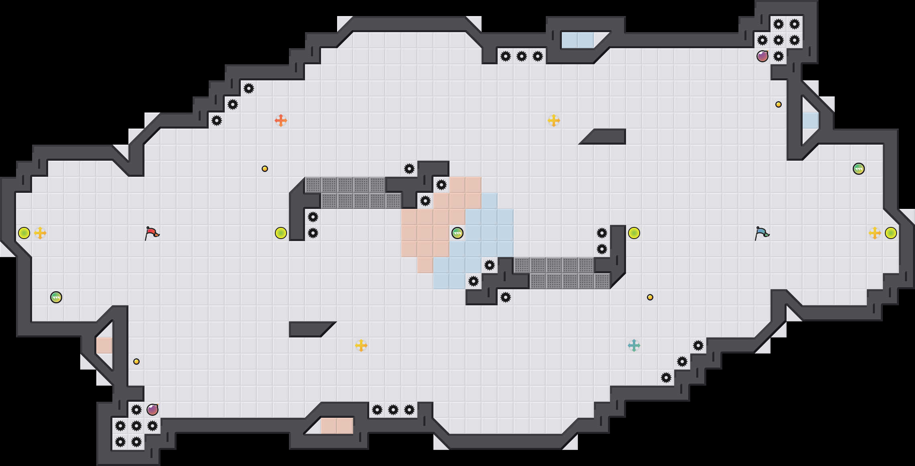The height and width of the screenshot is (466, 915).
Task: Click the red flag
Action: (152, 233)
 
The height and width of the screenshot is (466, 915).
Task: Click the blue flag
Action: (762, 233)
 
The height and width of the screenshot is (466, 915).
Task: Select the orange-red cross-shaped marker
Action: (281, 121)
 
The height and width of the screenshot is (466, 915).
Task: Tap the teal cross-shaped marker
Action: (634, 345)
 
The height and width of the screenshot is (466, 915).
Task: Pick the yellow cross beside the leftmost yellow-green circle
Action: (40, 233)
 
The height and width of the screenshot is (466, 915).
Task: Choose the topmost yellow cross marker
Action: (554, 121)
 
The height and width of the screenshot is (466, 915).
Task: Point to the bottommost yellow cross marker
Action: (361, 345)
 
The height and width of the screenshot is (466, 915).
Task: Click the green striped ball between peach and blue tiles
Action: (458, 233)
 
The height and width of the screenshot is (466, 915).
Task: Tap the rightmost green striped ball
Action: (859, 169)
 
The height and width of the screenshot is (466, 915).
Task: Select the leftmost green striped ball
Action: (56, 297)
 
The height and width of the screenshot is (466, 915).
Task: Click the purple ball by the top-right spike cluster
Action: (762, 56)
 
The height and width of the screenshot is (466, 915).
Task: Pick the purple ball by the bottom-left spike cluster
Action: (152, 410)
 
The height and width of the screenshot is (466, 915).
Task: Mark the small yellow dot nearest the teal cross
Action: (650, 297)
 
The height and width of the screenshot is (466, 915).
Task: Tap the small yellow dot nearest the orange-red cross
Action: (265, 169)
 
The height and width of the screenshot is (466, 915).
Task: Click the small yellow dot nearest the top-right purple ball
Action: (779, 104)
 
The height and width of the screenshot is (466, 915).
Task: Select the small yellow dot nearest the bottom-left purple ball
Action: (136, 362)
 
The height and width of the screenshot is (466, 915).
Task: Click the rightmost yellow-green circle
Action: (891, 233)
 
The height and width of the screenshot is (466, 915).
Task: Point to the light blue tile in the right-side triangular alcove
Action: (811, 121)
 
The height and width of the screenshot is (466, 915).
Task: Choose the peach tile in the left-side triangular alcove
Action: (104, 345)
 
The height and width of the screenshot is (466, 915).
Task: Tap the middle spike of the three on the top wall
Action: (522, 56)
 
